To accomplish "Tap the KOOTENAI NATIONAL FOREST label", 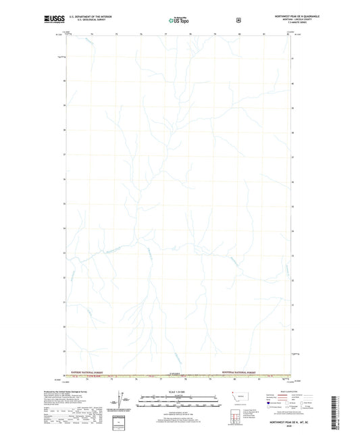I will [240, 372].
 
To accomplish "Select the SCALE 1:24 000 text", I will [179, 392].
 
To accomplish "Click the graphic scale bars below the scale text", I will [179, 403].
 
